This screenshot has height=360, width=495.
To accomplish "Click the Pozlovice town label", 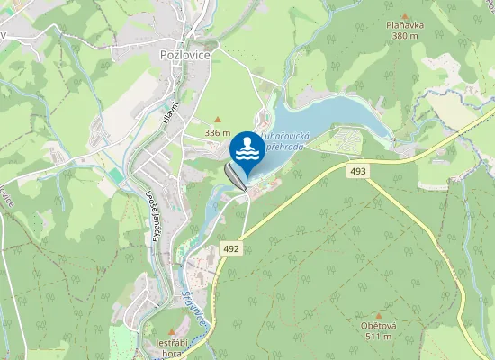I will pyautogui.click(x=184, y=55).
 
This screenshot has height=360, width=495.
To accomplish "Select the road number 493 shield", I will pyautogui.click(x=359, y=170).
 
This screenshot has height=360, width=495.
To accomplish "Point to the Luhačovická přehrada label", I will pyautogui.click(x=286, y=142).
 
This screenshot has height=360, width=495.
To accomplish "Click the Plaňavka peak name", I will pyautogui.click(x=404, y=26).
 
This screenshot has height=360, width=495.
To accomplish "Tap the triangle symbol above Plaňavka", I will pyautogui.click(x=404, y=15).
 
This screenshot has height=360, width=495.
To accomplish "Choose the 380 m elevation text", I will pyautogui.click(x=405, y=36).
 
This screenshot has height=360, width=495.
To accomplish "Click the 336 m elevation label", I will pyautogui.click(x=218, y=132).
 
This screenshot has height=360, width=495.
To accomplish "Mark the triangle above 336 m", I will pyautogui.click(x=217, y=120).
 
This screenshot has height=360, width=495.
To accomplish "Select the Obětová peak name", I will pyautogui.click(x=378, y=326).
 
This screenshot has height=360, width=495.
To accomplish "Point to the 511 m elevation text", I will pyautogui.click(x=378, y=337).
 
